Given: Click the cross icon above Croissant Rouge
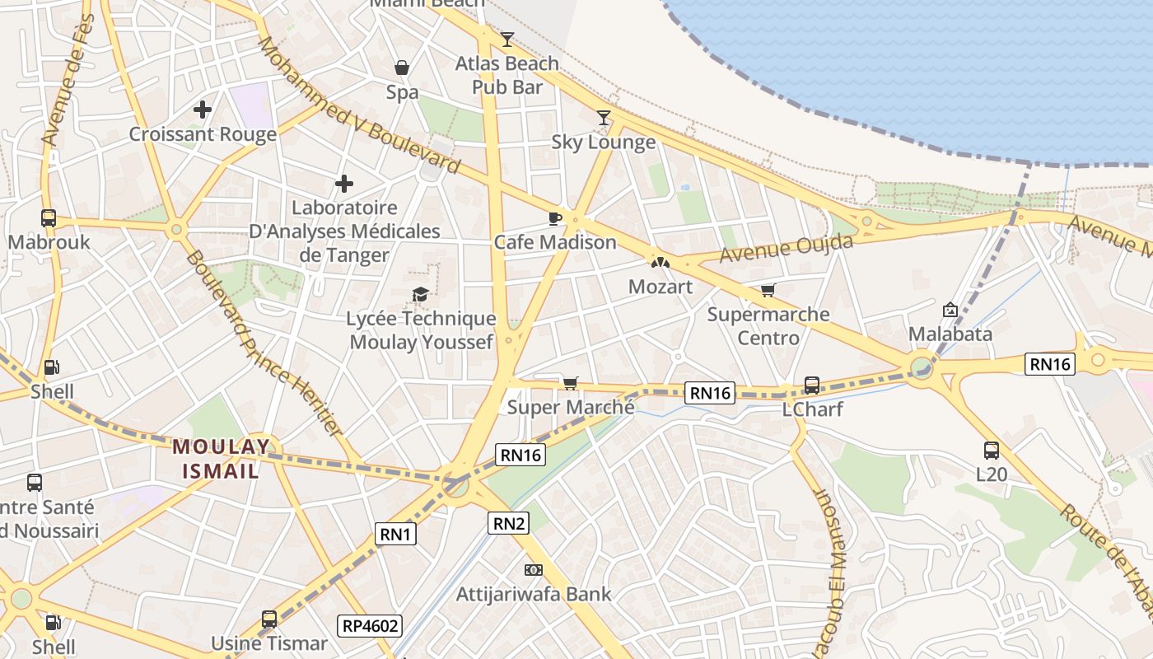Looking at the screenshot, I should pos(203,109).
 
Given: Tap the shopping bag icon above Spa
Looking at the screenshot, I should pos(402,68).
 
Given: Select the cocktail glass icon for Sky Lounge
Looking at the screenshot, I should pos(604,118).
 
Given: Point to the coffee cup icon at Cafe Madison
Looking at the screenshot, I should pos(555,218).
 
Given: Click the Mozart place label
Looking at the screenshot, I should pos(660,287).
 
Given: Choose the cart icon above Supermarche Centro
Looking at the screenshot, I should pos(768,290).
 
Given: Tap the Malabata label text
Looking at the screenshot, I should pos(950,334).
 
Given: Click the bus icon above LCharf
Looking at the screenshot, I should pos(811,385).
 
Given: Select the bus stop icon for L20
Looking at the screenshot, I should pos(992,451).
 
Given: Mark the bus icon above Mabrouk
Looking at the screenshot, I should pos(49,218).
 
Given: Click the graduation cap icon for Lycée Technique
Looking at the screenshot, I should pos(420,294).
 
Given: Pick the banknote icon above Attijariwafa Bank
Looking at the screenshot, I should pos(534,570).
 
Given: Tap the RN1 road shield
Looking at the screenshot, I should pos(396,534).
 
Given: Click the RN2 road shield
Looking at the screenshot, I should pos(508,522).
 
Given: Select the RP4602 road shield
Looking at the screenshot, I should pos(370,626).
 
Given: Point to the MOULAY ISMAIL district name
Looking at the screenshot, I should pos(221,460).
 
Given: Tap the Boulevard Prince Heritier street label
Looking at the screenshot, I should pos(263,343).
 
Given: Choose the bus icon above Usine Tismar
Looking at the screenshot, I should pos(269,619).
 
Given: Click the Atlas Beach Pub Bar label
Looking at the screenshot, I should pos(506,74).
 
